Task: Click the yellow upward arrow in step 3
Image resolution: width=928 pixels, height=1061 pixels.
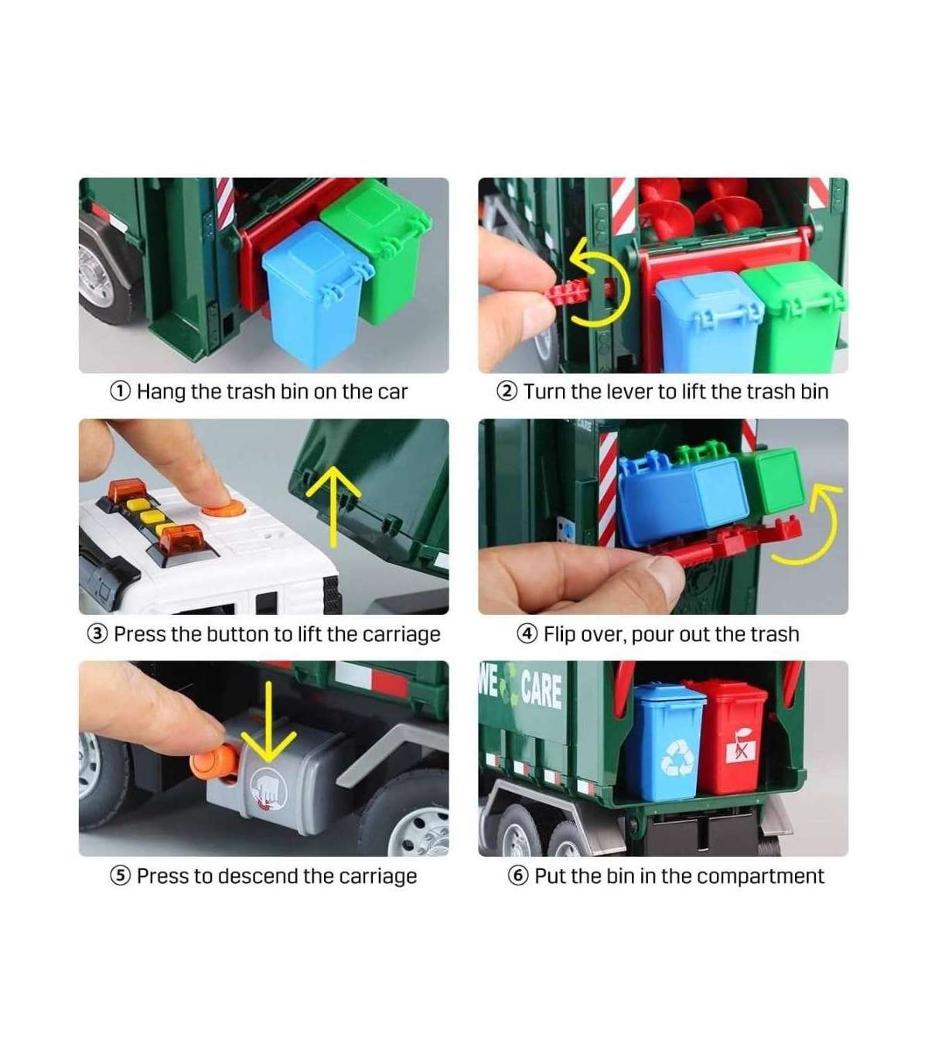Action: click(333, 506)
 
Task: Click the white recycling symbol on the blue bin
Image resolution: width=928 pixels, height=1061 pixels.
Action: click(677, 758)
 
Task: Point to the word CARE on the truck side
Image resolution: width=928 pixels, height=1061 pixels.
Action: click(541, 691)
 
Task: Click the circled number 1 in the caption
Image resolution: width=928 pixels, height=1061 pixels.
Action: click(120, 391)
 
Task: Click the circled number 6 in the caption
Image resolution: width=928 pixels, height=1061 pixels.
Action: click(518, 876)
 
